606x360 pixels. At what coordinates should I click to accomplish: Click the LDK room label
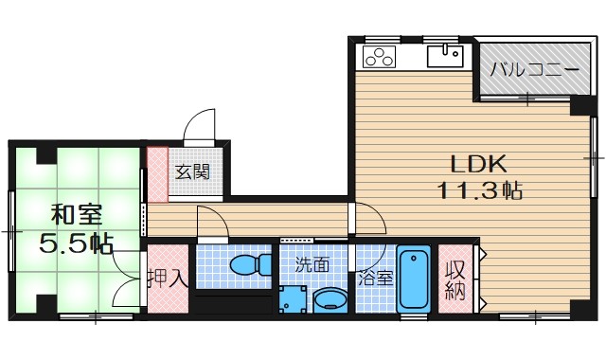(479, 162)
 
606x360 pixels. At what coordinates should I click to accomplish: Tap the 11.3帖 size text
(480, 190)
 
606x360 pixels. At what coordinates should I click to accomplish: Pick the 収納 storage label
(457, 279)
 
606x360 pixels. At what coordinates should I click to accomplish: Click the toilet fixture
(248, 264)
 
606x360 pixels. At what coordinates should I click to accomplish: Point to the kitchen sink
(443, 58)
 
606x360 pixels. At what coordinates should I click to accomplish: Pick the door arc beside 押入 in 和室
(127, 290)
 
